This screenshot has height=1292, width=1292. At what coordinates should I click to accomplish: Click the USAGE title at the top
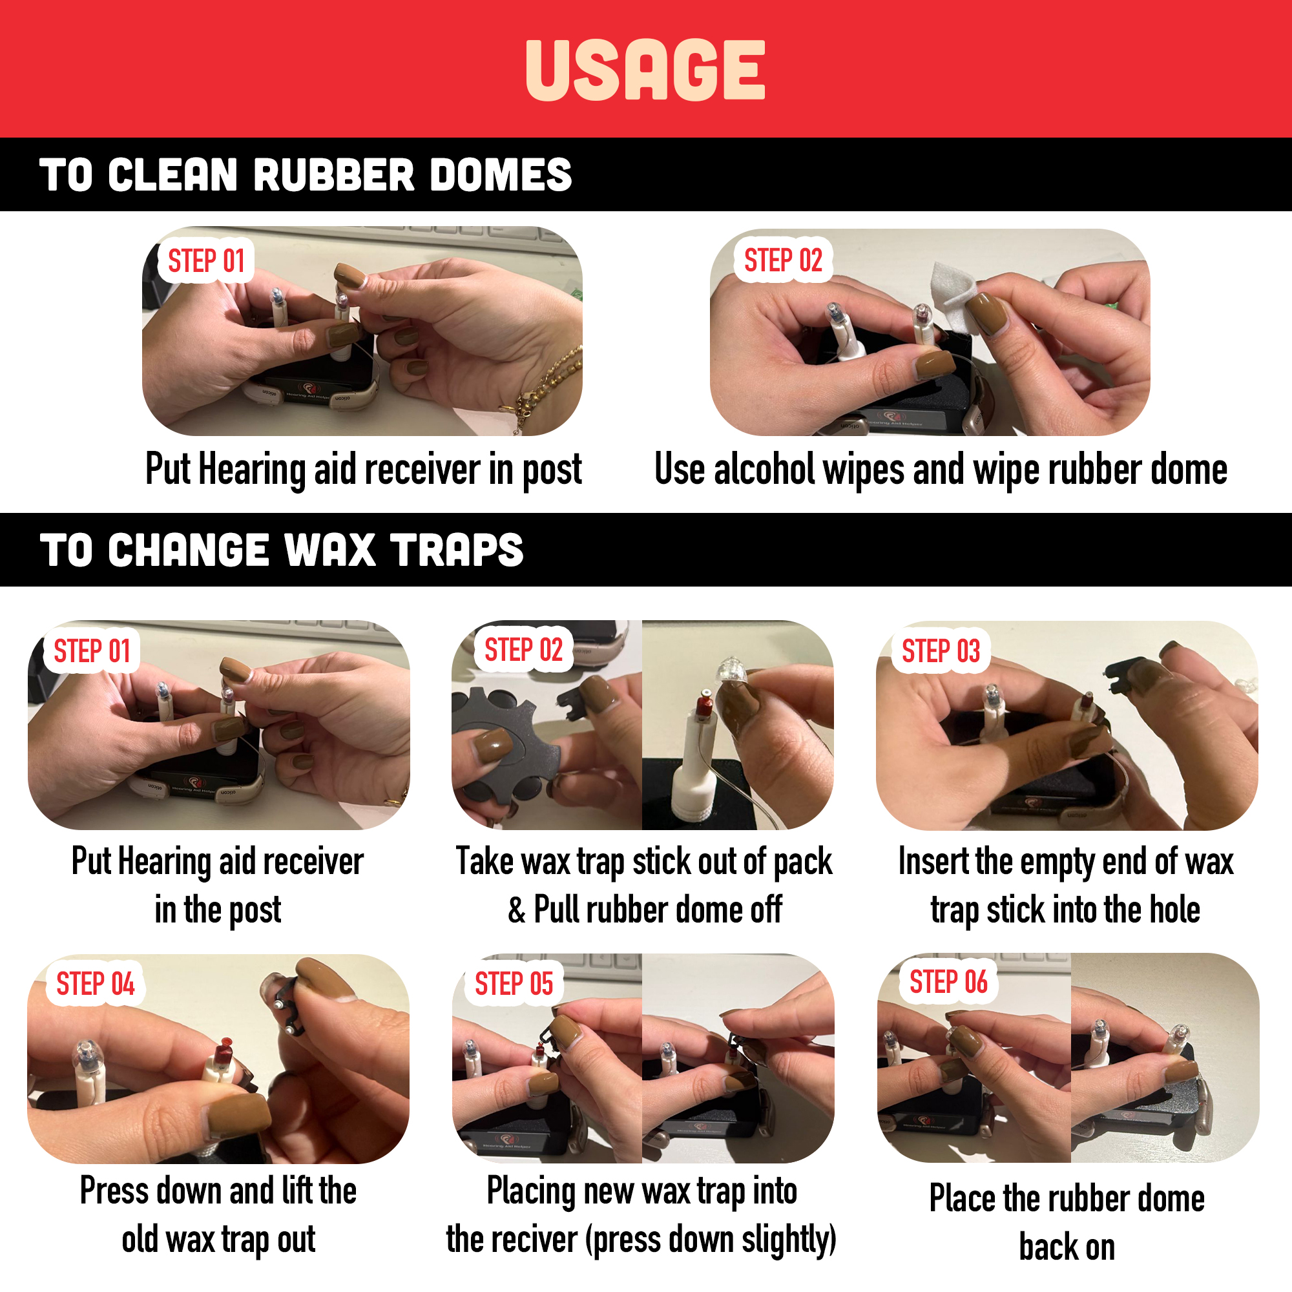click(x=645, y=70)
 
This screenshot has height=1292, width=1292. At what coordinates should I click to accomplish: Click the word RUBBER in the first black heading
click(x=334, y=175)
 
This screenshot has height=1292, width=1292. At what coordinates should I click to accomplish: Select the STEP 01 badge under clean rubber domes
click(x=206, y=260)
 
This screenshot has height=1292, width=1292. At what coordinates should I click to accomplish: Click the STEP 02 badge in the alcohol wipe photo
click(x=783, y=260)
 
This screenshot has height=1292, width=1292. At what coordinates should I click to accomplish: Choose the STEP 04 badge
click(x=95, y=984)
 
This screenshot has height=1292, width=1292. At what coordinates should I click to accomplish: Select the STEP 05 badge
click(x=514, y=984)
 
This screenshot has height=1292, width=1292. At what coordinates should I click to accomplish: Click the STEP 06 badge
click(x=948, y=982)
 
